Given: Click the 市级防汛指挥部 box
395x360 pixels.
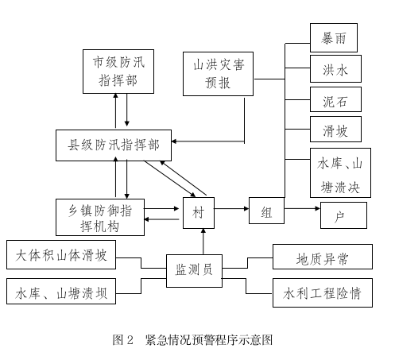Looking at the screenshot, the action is tap(118, 72).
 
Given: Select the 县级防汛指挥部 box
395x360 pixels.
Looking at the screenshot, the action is tap(114, 145).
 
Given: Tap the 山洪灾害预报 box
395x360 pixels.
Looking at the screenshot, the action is tap(218, 74).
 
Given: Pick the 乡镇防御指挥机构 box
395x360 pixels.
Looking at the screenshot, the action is tap(100, 217).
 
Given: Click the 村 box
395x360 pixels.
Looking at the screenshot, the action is tap(199, 213).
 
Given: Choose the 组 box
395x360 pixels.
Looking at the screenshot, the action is tap(266, 211).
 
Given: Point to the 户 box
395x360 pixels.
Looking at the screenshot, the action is tap(343, 215).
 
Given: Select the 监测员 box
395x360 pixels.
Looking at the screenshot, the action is tap(194, 271).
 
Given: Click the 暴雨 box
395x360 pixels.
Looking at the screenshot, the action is tap(334, 37).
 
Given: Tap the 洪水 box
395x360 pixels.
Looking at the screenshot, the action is tap(335, 68).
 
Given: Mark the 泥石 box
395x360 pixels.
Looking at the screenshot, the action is tap(335, 99).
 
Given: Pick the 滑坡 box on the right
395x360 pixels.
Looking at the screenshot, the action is tap(335, 129).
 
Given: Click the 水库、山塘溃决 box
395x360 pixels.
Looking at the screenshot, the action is tap(340, 172).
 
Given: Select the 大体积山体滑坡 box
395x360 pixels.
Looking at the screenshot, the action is tap(61, 254).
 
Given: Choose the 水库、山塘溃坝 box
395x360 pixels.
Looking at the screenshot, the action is tap(61, 291).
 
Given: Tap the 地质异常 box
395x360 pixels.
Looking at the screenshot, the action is tap(323, 257).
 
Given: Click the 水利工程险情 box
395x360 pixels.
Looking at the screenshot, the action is tap(323, 292).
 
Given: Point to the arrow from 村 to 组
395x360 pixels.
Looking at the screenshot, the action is tap(231, 209).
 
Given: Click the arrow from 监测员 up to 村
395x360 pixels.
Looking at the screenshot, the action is tap(203, 242).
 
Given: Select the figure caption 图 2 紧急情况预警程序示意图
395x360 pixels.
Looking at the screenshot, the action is tap(192, 340).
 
